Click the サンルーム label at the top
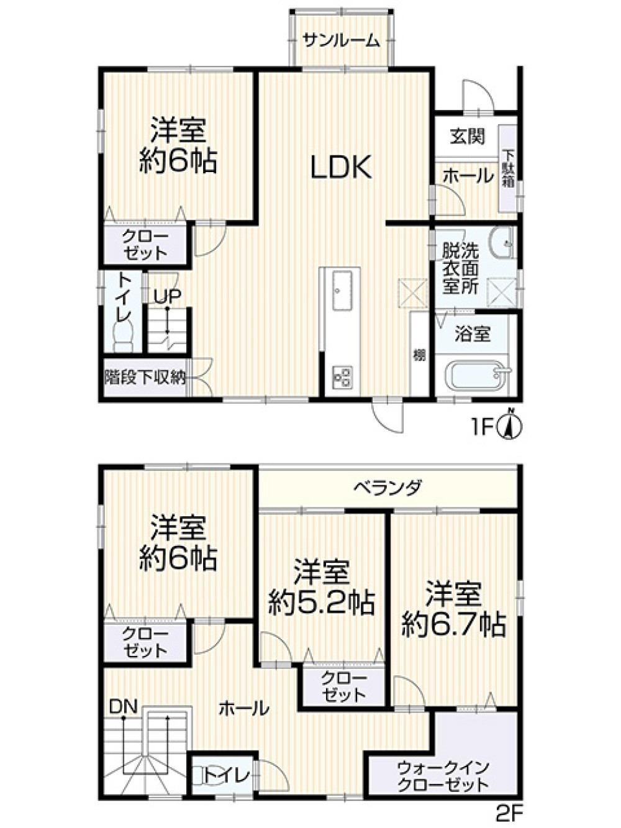[341, 41]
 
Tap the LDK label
[341, 166]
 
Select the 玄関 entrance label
[467, 136]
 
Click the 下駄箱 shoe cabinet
[508, 168]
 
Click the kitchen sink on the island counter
[340, 291]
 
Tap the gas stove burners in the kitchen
[341, 376]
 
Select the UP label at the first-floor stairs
[167, 297]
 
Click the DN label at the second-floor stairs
[124, 706]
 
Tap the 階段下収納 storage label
[145, 376]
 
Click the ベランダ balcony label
[388, 486]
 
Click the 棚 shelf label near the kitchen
[420, 356]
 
